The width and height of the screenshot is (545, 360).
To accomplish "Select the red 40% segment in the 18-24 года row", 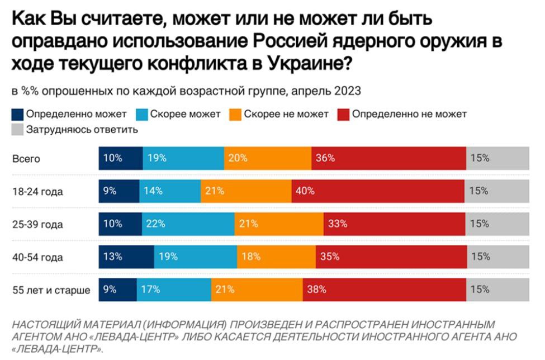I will [378, 191].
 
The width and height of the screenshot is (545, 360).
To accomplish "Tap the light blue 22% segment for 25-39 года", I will [188, 224].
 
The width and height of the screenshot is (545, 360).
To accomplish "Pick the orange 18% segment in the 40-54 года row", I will [276, 257].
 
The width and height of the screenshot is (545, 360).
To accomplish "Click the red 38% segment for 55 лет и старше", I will [385, 290].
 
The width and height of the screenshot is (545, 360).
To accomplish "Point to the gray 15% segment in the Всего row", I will [497, 158].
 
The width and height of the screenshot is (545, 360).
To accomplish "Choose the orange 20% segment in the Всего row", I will [268, 158].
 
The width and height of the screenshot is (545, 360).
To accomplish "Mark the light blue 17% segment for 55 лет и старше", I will [174, 290].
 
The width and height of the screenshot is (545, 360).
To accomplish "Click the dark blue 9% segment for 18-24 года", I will [119, 191].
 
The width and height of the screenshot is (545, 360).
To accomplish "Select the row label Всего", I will [26, 158].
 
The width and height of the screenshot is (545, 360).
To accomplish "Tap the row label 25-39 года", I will [37, 225].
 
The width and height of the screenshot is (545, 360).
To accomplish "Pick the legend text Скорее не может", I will [287, 114].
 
